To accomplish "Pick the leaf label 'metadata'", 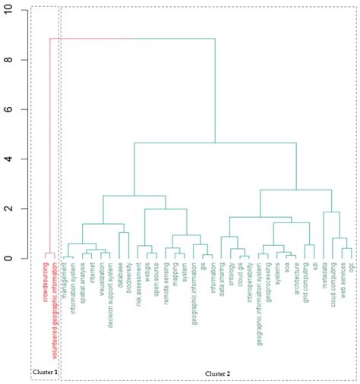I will [x=324, y=277].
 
